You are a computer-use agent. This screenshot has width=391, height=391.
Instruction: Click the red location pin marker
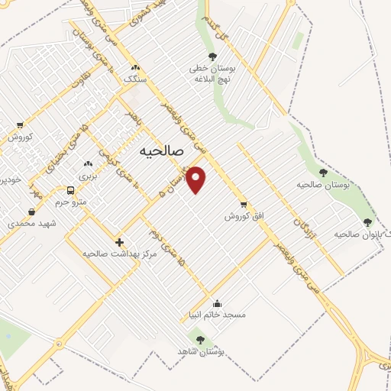tap(197, 179)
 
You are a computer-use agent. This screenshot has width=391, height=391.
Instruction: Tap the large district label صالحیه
tap(163, 151)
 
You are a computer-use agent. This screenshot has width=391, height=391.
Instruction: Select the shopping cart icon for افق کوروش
tap(243, 204)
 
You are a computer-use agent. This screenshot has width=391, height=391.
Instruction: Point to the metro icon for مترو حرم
tap(70, 190)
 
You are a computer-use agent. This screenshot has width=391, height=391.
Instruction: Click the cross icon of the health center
tap(118, 241)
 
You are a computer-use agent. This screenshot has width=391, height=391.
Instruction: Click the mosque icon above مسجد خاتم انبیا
tap(218, 302)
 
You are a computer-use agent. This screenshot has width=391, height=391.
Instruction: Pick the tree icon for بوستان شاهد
tap(200, 341)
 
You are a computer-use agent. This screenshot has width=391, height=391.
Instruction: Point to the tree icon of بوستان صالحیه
tap(323, 173)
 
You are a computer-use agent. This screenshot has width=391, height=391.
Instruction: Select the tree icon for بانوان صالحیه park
tap(367, 222)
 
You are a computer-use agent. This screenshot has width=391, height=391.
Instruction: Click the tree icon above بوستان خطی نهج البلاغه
tap(212, 56)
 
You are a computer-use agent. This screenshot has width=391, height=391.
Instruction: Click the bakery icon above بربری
tap(88, 163)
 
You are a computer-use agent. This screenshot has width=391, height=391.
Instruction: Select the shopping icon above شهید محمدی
tap(31, 212)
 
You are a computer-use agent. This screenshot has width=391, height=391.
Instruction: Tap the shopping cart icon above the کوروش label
tap(19, 126)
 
